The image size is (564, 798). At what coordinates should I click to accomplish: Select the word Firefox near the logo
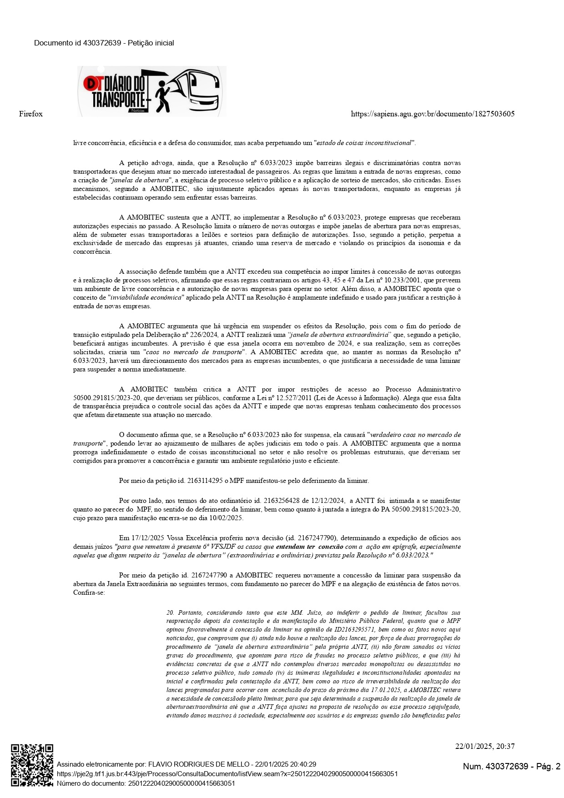coord(31,114)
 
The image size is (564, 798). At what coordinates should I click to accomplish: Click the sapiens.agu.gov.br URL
coord(433,114)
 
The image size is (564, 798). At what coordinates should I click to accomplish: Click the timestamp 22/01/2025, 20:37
coord(485,746)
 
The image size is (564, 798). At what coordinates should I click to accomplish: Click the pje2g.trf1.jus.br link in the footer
coord(227,773)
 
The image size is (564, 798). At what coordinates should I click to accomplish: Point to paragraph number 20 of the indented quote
coord(170,613)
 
